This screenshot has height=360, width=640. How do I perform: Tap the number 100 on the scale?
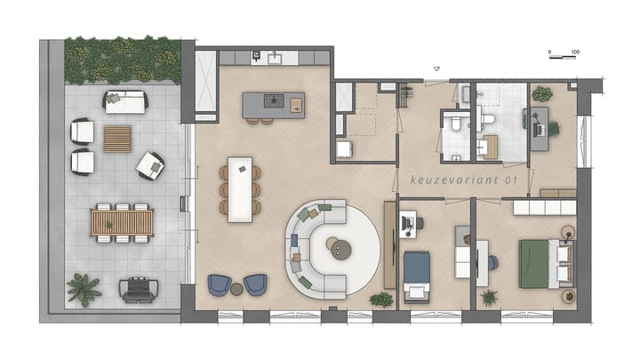[575, 52]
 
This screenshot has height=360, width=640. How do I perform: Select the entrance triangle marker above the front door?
[436, 68]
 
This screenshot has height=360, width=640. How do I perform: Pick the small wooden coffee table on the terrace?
[117, 138]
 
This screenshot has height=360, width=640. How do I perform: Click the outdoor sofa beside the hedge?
[125, 102]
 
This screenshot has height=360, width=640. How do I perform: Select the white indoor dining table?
[239, 188]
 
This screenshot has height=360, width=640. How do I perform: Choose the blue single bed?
[417, 270]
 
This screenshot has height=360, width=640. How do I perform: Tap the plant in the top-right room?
[541, 93]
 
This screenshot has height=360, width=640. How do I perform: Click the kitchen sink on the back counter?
[275, 58]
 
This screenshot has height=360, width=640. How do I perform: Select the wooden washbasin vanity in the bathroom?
[488, 147]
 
